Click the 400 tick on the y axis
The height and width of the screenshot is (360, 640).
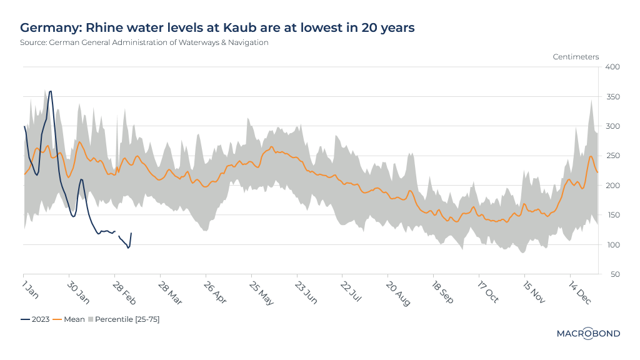pos(611,67)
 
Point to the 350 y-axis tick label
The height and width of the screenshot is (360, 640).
pos(611,97)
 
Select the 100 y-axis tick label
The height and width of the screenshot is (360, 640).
pos(611,245)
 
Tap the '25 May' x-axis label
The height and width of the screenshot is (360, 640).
pos(259,291)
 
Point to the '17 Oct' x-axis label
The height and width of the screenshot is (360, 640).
pos(487,291)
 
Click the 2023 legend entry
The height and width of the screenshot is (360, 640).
pos(35,319)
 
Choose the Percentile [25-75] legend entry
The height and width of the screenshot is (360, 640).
pos(123,319)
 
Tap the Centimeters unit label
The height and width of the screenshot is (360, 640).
pos(576,57)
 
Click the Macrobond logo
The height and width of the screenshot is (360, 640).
pos(588,334)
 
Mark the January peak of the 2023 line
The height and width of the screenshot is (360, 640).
pos(50,91)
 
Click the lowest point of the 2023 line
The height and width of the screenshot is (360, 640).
pos(128,248)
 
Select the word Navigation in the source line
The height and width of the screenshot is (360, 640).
pos(247,42)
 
